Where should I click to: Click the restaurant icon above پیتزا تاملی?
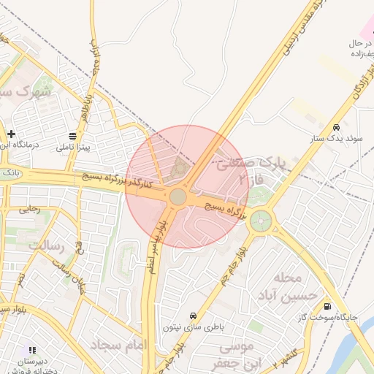73,137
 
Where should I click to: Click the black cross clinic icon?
12,134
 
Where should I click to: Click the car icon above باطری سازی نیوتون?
192,316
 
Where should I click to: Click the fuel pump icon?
327,307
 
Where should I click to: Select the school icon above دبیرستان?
31,351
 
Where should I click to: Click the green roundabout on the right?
260,219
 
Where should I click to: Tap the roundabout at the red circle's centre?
178,197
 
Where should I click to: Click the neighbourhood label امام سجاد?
116,343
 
